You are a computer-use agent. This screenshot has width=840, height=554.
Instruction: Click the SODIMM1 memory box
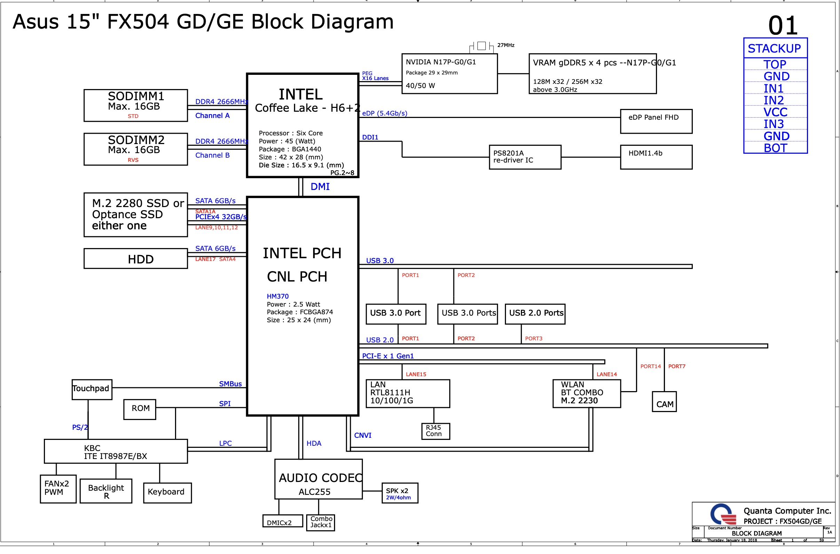click(x=135, y=105)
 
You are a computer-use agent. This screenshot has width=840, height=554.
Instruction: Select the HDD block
click(x=135, y=259)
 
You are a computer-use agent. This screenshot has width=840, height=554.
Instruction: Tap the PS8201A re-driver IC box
click(x=524, y=157)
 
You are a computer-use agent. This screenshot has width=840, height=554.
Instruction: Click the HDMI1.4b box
click(x=656, y=157)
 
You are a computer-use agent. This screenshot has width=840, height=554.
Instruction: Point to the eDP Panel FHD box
click(x=656, y=121)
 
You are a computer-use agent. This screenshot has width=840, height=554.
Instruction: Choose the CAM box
click(x=664, y=401)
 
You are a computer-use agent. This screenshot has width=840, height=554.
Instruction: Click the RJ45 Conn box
click(x=435, y=431)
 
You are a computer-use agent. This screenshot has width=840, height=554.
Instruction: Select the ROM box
click(x=140, y=409)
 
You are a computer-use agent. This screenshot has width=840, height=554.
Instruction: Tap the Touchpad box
click(x=92, y=389)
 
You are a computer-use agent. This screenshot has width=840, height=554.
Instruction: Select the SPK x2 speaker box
click(x=399, y=493)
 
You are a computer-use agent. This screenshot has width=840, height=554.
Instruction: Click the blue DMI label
click(x=320, y=187)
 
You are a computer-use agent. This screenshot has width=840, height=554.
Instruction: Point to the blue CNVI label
click(x=363, y=435)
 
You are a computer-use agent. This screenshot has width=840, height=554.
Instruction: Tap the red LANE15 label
click(x=416, y=374)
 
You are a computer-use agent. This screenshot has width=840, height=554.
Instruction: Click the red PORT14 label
click(x=650, y=366)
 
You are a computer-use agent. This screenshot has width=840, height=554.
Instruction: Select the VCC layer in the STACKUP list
click(x=775, y=112)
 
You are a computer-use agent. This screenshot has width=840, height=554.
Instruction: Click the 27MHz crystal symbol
click(x=481, y=46)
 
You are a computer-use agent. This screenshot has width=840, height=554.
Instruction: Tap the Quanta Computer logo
click(x=723, y=514)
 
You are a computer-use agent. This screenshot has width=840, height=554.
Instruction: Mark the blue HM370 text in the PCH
click(x=277, y=296)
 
